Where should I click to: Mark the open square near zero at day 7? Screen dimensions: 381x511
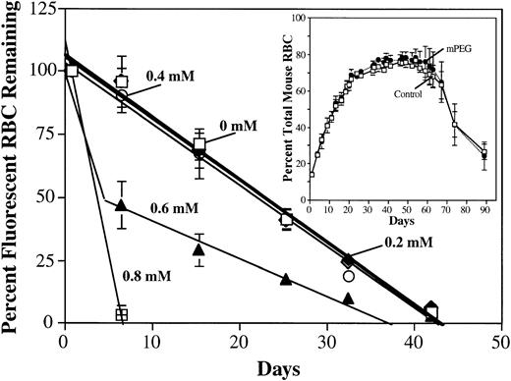pyautogui.click(x=122, y=315)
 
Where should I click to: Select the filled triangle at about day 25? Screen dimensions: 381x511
pyautogui.click(x=286, y=280)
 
